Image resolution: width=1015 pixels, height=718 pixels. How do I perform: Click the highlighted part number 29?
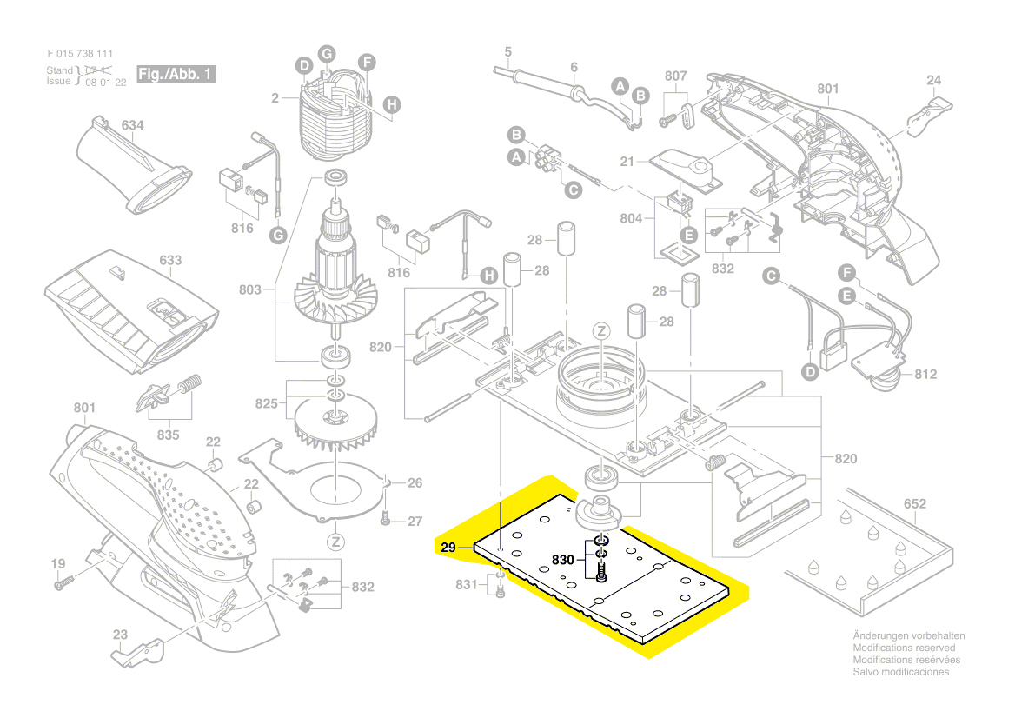[x=448, y=548]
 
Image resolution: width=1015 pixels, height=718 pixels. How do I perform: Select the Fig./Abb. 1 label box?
[x=176, y=74]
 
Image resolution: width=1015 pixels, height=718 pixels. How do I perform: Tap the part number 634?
[x=132, y=126]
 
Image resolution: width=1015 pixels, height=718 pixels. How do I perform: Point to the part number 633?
[x=170, y=260]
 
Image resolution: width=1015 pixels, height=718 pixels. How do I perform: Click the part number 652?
[x=915, y=503]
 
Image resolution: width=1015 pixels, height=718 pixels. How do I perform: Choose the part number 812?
[x=926, y=375]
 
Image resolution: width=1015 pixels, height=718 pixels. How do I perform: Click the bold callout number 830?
[x=563, y=561]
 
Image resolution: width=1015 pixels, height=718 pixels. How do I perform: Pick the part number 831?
[x=467, y=585]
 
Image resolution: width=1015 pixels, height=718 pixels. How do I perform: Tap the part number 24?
[x=933, y=81]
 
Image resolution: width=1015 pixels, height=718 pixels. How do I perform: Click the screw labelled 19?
[x=60, y=585]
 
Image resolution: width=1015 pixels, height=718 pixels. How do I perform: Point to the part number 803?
[x=250, y=289]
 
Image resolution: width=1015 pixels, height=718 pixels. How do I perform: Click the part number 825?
[x=266, y=403]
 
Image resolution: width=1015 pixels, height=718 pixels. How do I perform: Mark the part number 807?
[x=676, y=76]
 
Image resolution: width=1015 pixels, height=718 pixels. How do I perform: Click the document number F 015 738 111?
[x=80, y=54]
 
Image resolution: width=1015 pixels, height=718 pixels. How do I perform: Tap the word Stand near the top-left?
[x=60, y=70]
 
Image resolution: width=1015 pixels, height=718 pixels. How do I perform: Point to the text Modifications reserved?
[x=904, y=648]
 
